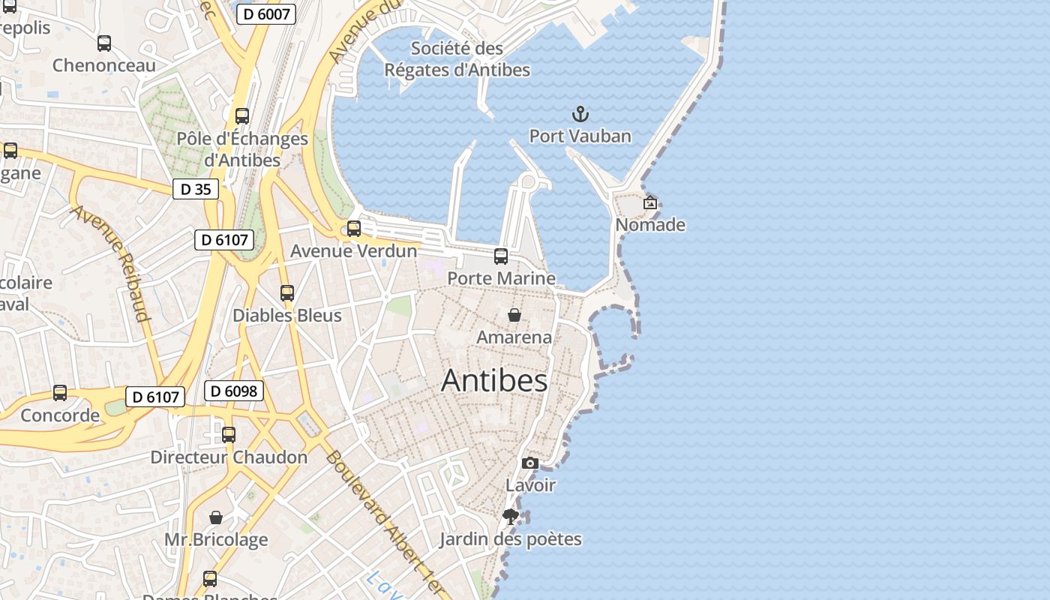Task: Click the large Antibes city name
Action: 494,381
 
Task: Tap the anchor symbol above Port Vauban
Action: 580,115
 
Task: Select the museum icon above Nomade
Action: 650,202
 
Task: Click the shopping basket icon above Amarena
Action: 514,315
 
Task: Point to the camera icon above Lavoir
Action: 530,463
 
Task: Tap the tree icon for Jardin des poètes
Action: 511,517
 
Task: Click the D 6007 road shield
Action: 266,13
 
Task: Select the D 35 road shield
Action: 196,189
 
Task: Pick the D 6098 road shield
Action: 234,391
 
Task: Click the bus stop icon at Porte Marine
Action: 501,256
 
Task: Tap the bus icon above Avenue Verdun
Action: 354,229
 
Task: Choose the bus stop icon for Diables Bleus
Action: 287,293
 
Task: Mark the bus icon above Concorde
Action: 60,393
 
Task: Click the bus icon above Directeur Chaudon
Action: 229,435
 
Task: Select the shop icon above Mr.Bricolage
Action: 216,517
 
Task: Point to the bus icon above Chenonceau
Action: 104,43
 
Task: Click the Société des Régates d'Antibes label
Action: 457,59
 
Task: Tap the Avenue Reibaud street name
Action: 111,262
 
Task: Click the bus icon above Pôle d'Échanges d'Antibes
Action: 242,116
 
